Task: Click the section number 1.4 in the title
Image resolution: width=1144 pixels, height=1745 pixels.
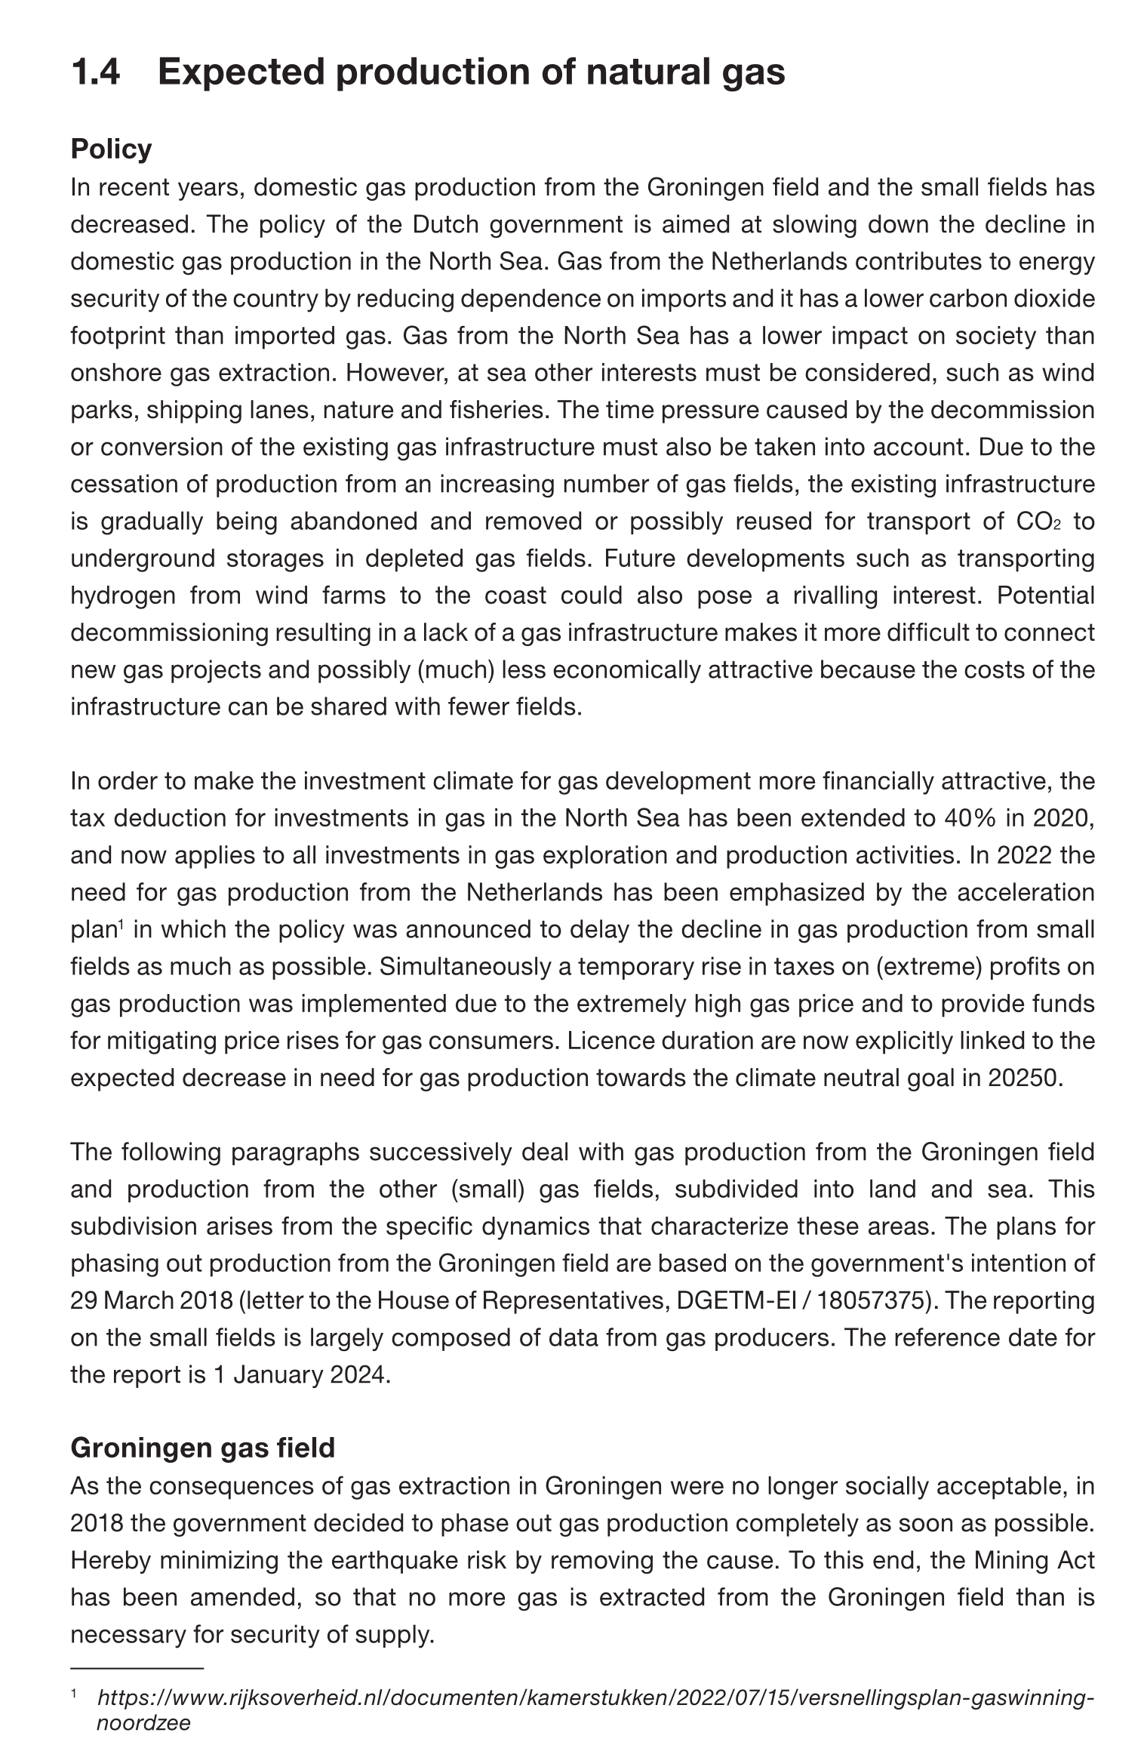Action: (x=95, y=72)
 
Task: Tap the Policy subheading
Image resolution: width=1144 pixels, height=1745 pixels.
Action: (x=111, y=149)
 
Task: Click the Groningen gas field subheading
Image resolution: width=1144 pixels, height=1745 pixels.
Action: (x=202, y=1448)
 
